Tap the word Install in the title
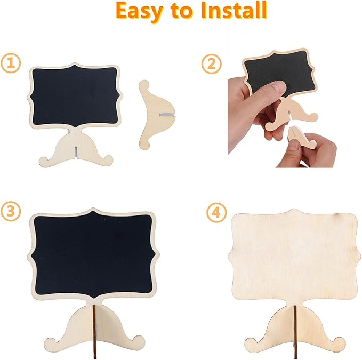click(x=234, y=10)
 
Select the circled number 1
click(x=11, y=63)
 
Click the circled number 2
click(x=212, y=64)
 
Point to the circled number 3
click(x=11, y=212)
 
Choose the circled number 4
click(x=216, y=212)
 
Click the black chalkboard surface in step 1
click(x=75, y=96)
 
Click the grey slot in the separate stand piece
click(x=166, y=114)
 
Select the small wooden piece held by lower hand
click(x=302, y=139)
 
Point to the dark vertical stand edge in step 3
click(x=94, y=332)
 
